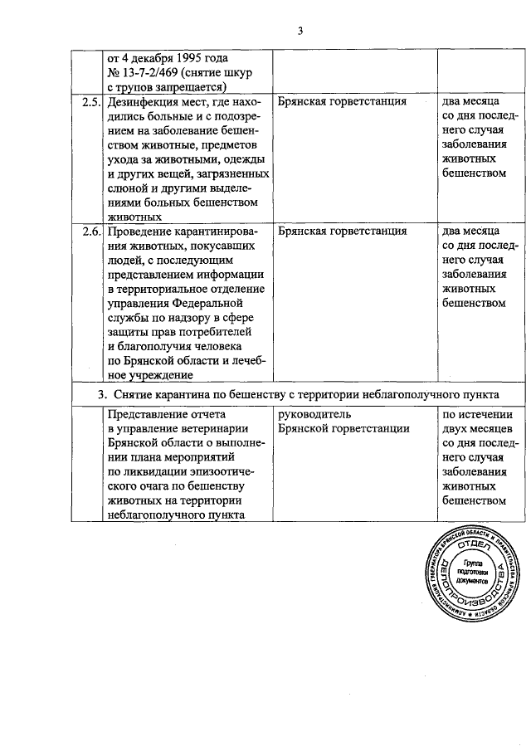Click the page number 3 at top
pos(302,32)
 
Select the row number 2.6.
pos(90,232)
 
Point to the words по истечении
pos(479,414)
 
